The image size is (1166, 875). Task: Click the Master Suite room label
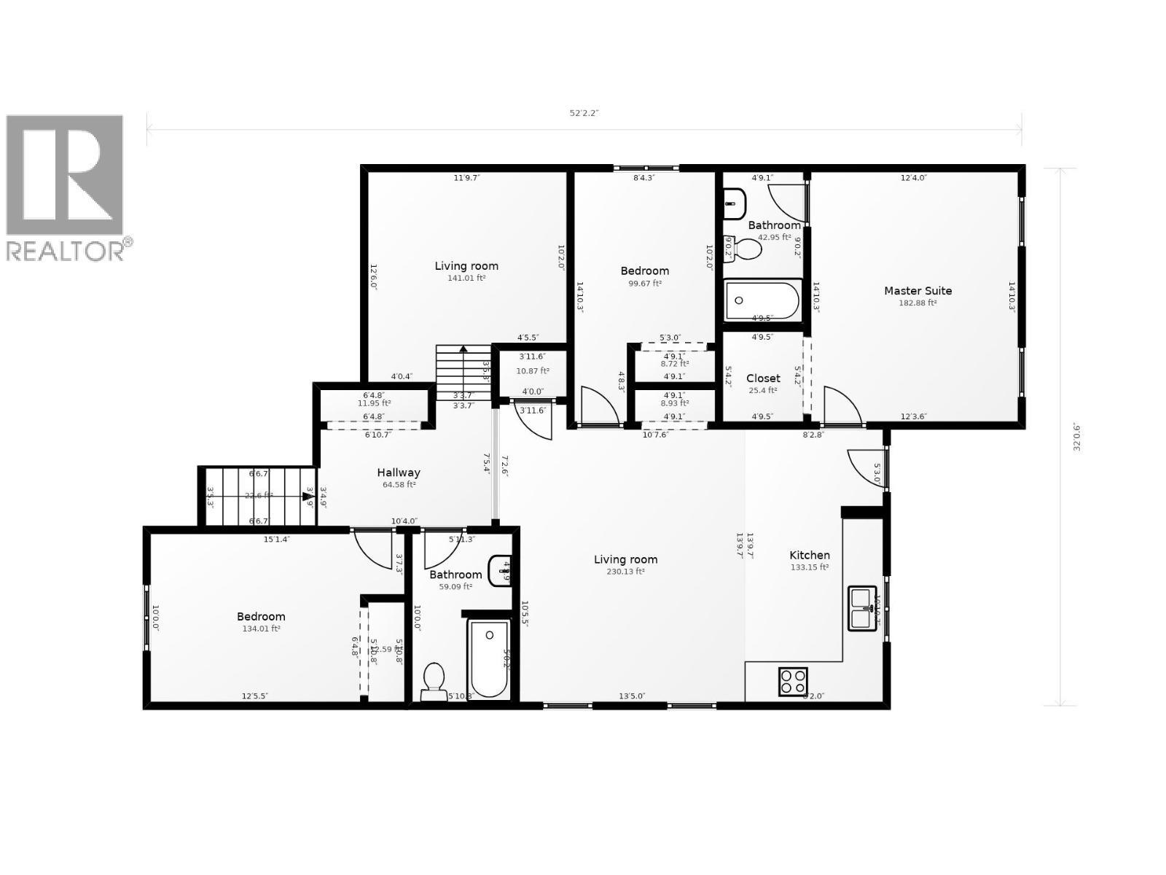[917, 290]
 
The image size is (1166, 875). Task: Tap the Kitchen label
[810, 555]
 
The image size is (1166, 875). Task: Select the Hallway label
[399, 472]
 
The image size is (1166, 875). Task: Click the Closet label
[763, 378]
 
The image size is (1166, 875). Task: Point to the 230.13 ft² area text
[625, 572]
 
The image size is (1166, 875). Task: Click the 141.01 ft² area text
[466, 278]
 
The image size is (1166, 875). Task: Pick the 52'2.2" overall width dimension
[584, 113]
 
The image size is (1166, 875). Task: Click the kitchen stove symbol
[793, 681]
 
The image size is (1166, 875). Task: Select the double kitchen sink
[862, 607]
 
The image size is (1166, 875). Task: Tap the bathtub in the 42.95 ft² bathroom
[762, 300]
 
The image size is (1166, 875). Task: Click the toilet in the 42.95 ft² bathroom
[743, 249]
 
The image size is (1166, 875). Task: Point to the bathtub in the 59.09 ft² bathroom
[489, 659]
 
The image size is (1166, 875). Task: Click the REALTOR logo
[68, 187]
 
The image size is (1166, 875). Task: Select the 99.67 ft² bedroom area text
[645, 283]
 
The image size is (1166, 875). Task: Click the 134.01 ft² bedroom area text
[261, 629]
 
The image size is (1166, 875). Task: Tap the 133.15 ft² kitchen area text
[810, 567]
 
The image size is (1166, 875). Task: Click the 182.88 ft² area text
[917, 303]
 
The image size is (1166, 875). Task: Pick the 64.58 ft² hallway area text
[399, 485]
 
